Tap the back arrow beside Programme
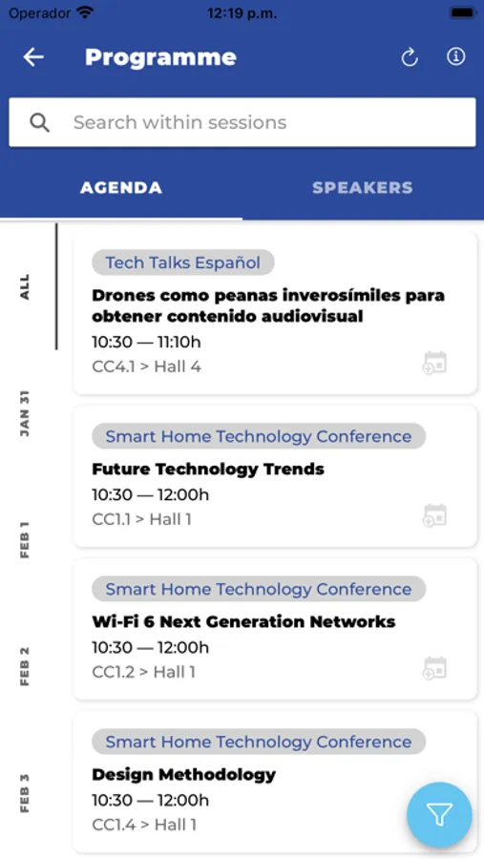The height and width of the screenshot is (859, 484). tap(33, 57)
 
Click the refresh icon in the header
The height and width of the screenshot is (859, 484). tap(410, 57)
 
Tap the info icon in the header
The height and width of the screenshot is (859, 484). tap(456, 56)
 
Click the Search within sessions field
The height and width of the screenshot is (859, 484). tap(242, 122)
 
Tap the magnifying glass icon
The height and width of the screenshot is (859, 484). tap(39, 123)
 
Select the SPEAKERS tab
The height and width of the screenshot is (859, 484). tap(363, 187)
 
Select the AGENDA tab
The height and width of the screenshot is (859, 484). tap(121, 187)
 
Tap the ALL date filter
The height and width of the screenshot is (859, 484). tap(25, 287)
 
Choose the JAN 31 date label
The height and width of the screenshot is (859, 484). tap(25, 413)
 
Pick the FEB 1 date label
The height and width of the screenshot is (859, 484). tap(25, 539)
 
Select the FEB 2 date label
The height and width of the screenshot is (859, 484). tap(25, 666)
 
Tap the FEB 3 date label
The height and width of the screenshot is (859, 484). tap(25, 793)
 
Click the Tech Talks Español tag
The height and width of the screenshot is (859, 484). tap(183, 262)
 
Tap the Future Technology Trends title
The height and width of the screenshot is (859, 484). tap(208, 469)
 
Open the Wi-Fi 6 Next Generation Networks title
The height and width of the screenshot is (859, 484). tap(243, 621)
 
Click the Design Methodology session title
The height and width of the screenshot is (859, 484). tap(183, 775)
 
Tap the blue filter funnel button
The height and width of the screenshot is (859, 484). tap(439, 815)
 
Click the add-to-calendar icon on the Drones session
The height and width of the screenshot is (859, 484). tap(434, 364)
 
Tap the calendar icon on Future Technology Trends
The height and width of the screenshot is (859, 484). tap(434, 516)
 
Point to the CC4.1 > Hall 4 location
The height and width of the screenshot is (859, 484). tap(146, 367)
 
